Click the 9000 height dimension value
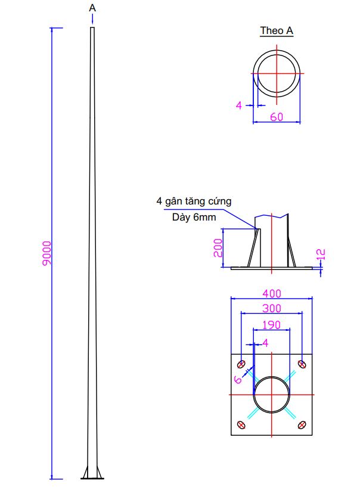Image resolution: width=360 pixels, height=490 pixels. [x=47, y=253]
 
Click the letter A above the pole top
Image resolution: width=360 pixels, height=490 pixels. [x=92, y=8]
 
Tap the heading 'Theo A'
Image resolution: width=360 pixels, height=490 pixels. [x=277, y=30]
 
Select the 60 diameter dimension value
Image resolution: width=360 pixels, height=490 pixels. [x=277, y=117]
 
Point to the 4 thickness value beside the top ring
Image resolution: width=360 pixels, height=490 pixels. [x=239, y=106]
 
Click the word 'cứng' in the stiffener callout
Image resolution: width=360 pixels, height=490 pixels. [x=220, y=201]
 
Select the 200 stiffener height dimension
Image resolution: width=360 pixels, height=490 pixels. [x=218, y=248]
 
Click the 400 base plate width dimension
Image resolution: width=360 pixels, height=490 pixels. [x=272, y=293]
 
